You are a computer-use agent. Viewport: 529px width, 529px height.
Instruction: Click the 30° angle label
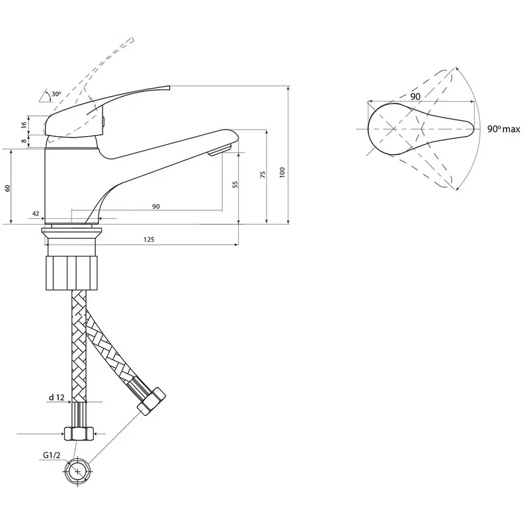tap(56, 94)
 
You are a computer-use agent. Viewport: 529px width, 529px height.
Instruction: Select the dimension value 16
tap(24, 125)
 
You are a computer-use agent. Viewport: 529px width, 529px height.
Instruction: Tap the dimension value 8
tap(24, 141)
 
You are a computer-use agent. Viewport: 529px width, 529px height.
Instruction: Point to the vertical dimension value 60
tap(8, 188)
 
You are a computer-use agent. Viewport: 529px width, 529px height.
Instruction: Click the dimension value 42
tap(36, 214)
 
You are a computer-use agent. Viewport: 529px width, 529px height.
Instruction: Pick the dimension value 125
tap(149, 239)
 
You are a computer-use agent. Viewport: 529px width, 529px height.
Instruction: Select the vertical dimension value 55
tap(235, 184)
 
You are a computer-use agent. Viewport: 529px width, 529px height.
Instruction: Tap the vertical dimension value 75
tap(263, 175)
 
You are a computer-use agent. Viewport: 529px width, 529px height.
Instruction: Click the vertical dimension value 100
tap(282, 172)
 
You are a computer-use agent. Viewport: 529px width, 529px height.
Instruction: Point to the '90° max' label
tap(504, 129)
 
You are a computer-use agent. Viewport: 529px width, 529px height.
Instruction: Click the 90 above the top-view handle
tap(415, 97)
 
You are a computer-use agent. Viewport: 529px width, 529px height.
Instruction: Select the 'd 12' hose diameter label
tap(56, 397)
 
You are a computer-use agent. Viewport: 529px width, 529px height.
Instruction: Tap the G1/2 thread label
tap(52, 455)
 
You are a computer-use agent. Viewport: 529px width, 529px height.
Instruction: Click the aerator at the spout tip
tap(220, 150)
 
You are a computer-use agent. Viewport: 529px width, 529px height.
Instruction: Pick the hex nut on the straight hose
tap(79, 434)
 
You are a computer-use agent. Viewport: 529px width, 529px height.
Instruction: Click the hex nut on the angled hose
tap(151, 401)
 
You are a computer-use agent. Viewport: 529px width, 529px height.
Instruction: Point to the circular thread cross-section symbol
tap(77, 471)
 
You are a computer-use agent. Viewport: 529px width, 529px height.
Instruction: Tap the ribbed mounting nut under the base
tap(72, 273)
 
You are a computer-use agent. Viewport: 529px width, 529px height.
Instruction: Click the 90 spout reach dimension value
tap(156, 206)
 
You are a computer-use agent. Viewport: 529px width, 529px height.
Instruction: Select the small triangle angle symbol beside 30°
tap(45, 96)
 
